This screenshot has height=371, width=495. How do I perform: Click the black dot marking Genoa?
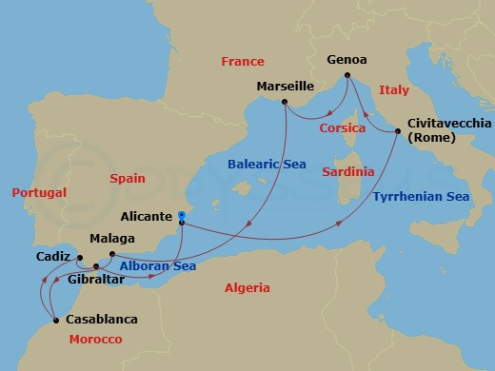point(347,74)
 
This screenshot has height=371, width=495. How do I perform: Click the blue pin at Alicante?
point(181,219)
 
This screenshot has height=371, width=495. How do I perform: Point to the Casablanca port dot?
point(56,320)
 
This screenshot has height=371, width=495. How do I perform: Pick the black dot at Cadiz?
point(80,257)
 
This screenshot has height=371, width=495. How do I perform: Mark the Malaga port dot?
point(112,253)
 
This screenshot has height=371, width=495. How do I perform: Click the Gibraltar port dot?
point(96,267)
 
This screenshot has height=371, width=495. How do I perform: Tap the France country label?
point(243,62)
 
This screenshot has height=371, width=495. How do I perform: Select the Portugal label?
point(39,192)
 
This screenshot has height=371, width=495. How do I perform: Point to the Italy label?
point(394,89)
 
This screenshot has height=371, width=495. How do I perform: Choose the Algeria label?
point(247,288)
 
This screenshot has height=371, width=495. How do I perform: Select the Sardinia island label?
point(348,172)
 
